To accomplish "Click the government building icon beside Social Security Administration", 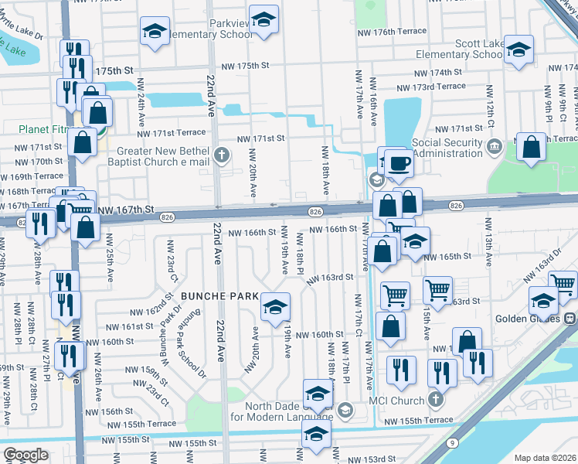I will (495, 145).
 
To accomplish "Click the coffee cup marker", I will (399, 162).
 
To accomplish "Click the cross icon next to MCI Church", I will (435, 401).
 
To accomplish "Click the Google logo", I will (25, 455).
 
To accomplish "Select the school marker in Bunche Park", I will (275, 306).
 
